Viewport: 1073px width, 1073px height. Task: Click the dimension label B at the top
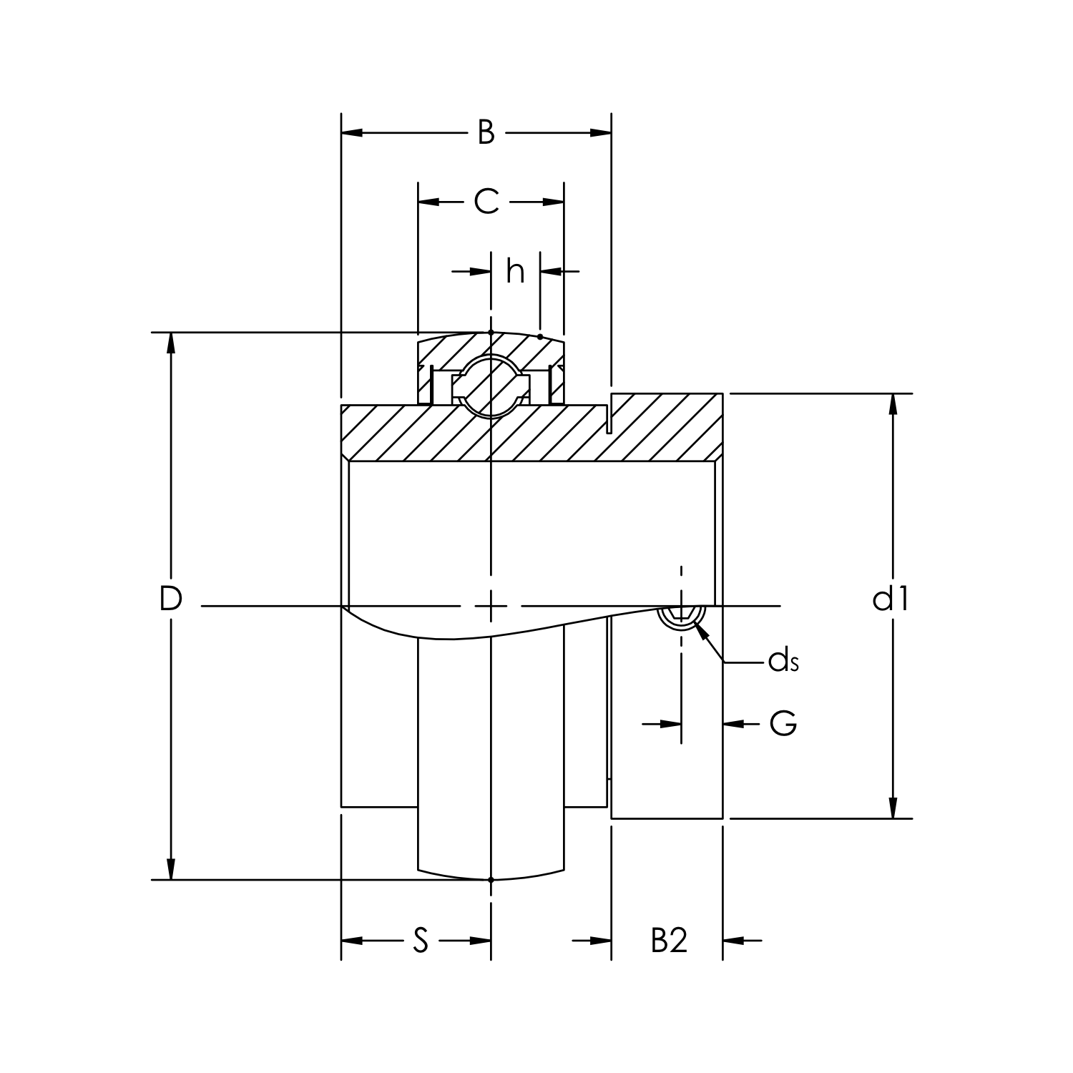click(x=486, y=132)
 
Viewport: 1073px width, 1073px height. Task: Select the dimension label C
click(x=486, y=202)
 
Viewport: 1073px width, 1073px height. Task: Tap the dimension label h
click(x=515, y=272)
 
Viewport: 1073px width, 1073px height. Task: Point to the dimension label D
click(x=170, y=599)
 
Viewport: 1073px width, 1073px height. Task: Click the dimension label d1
click(x=891, y=599)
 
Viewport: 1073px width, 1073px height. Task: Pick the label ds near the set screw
click(x=783, y=662)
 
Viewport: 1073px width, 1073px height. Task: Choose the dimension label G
click(x=783, y=724)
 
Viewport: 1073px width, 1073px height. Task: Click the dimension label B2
click(x=669, y=941)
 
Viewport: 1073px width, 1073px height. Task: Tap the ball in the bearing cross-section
click(x=491, y=384)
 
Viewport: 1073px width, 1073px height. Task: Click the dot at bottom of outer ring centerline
click(x=491, y=880)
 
